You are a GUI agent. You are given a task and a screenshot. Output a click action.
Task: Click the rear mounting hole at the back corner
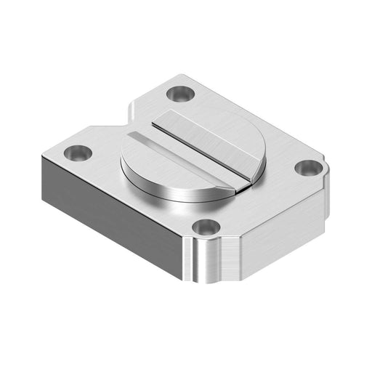point(179,93)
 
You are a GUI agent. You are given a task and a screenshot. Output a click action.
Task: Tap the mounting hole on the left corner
point(77,153)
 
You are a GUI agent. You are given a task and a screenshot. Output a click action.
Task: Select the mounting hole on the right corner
point(308,168)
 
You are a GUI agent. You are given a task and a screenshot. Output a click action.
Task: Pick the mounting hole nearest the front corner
point(206,227)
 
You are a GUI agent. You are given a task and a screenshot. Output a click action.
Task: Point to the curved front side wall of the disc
point(167,191)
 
